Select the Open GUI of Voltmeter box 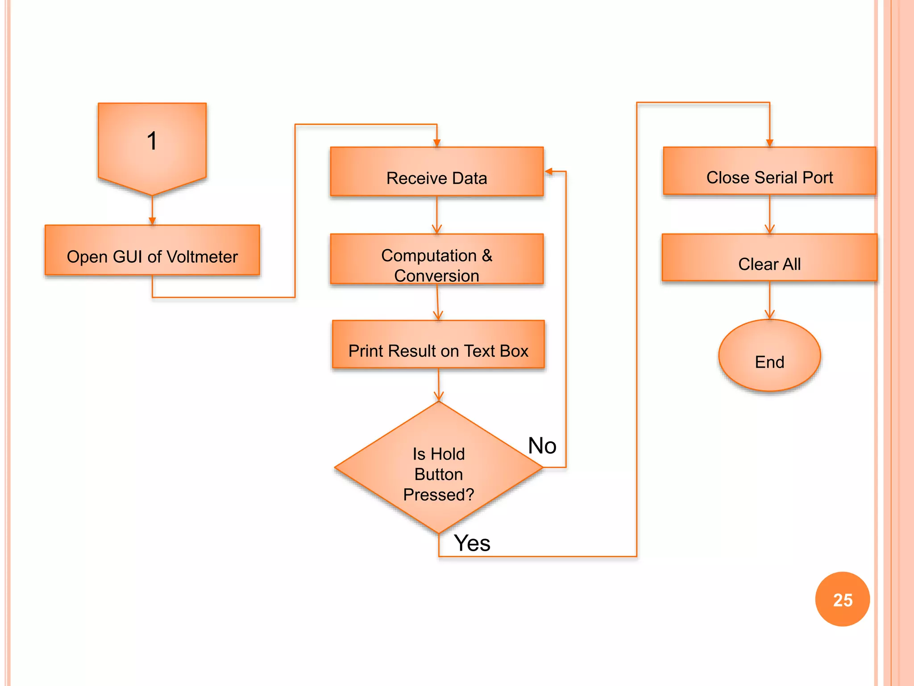pos(152,250)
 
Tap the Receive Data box pos(436,171)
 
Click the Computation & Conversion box pos(436,259)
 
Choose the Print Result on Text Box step pos(438,344)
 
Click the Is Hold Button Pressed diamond pos(438,469)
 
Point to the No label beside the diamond pos(542,446)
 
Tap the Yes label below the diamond pos(472,543)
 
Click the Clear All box pos(769,258)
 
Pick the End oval pos(769,356)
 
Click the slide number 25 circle pos(842,599)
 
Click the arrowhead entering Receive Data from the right pos(549,171)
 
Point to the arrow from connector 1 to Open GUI pos(152,211)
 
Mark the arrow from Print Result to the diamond pos(439,385)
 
